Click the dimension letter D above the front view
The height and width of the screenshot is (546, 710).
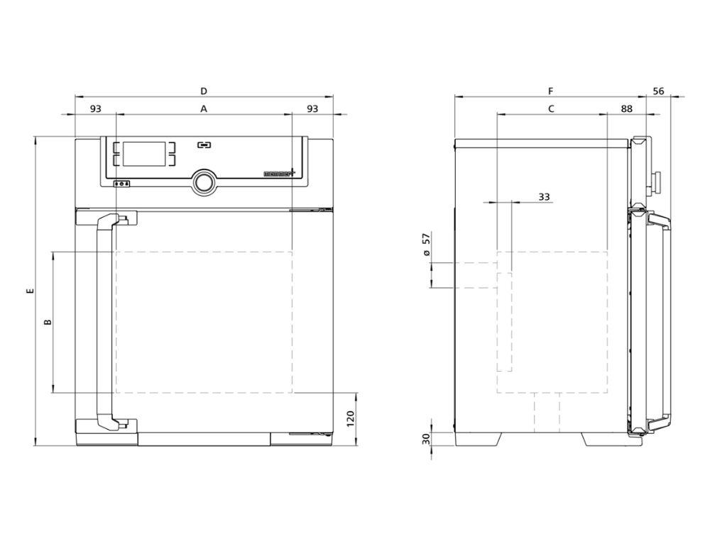(204, 91)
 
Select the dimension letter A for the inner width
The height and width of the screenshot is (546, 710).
(204, 109)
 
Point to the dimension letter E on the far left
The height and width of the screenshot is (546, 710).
(29, 291)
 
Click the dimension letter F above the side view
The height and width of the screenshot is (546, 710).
(550, 91)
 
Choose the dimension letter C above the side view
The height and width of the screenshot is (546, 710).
(551, 109)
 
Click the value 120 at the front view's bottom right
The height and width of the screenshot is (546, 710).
(349, 419)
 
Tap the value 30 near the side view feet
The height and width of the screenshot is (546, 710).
(426, 439)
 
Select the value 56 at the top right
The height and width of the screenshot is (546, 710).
(658, 91)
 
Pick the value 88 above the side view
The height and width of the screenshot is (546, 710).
(626, 109)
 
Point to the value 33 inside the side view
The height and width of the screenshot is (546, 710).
(544, 196)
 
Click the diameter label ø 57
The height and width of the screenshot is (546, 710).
(426, 245)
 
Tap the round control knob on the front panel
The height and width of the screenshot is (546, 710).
(204, 182)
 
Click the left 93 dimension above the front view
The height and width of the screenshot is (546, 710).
(96, 109)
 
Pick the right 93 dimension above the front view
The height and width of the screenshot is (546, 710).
(312, 109)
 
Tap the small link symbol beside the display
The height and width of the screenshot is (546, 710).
(204, 145)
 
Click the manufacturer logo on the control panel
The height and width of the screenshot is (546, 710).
(275, 172)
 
